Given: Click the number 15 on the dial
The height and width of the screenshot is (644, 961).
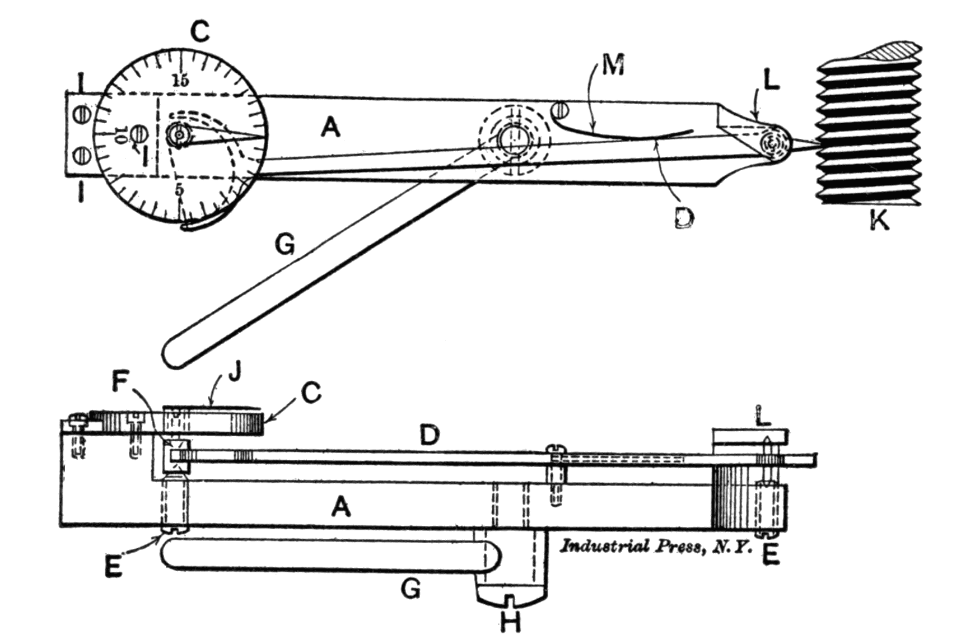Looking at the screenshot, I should (180, 80).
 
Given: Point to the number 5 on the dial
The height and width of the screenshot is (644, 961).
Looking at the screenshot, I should (179, 189).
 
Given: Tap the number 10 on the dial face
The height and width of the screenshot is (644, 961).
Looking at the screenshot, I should (119, 135).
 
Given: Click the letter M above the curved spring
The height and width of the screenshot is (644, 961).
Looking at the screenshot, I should (613, 66).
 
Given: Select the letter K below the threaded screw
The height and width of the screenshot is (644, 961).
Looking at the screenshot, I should (879, 221).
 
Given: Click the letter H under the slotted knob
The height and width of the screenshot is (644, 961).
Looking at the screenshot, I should (510, 622).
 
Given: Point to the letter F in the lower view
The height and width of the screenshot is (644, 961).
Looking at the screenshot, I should (122, 382).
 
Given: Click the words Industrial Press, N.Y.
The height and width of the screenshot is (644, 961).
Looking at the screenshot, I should (656, 546).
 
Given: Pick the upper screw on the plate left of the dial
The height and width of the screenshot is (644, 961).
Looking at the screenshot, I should (82, 114).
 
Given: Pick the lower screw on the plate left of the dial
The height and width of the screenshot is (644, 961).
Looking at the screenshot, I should (82, 153).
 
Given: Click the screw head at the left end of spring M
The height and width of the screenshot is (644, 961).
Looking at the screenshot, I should (558, 109).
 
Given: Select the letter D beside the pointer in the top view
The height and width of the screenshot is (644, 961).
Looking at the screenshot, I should (684, 216).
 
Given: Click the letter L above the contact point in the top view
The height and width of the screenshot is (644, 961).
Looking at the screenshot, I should (771, 82).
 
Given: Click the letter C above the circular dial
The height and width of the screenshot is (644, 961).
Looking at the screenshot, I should (199, 32).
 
